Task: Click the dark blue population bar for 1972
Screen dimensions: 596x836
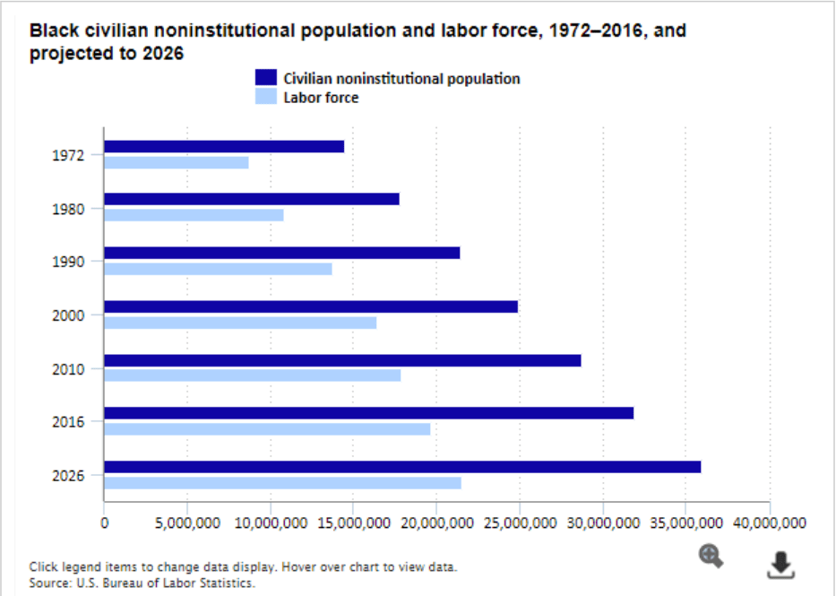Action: tap(224, 146)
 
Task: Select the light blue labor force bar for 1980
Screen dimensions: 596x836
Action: tap(194, 215)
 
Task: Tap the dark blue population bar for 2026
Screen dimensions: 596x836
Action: tap(402, 467)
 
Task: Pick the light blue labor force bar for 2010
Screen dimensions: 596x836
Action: tap(252, 376)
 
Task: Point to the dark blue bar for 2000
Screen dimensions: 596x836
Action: tap(311, 307)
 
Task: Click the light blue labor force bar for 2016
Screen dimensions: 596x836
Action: tap(267, 429)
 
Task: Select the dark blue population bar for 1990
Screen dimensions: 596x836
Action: tap(281, 253)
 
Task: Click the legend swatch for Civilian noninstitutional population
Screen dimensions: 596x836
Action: tap(266, 78)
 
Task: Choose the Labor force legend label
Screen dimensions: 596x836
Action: tap(321, 98)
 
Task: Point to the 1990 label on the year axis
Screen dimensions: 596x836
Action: tap(68, 262)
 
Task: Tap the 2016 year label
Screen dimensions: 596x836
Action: tap(68, 421)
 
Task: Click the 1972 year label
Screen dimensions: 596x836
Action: tap(68, 155)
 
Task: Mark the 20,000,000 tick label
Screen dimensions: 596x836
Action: tap(436, 522)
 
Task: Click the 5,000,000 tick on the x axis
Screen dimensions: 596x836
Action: tap(187, 522)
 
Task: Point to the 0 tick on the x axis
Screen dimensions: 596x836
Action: tap(105, 522)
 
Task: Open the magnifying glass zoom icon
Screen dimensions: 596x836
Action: tap(711, 557)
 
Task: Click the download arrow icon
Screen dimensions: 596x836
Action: tap(781, 564)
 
